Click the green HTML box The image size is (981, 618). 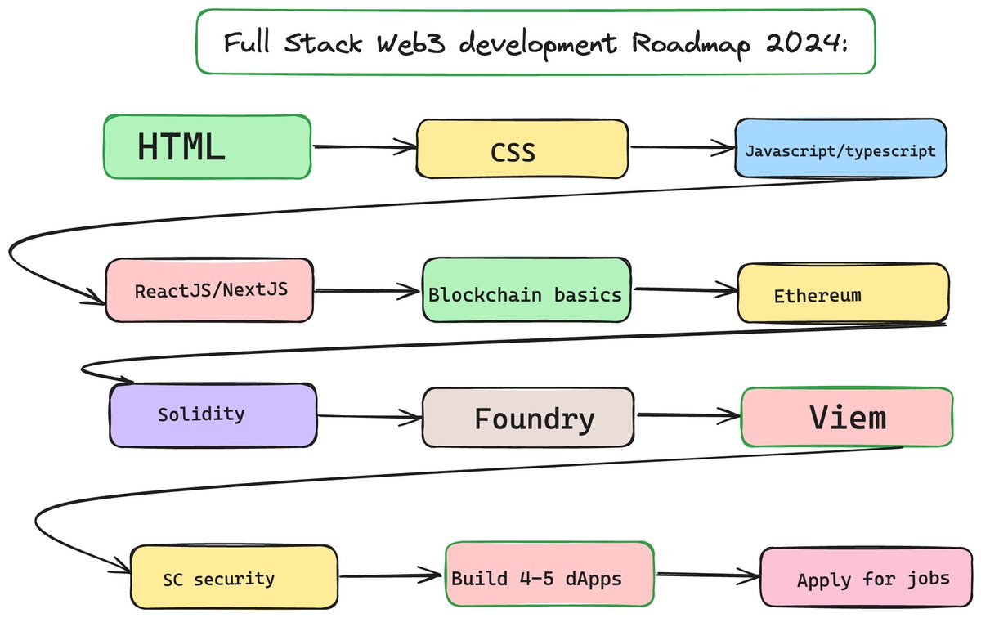tap(208, 146)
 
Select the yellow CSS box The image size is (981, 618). tap(522, 149)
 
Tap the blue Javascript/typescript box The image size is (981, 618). tap(841, 148)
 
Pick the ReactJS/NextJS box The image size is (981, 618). tap(210, 290)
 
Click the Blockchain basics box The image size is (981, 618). tap(526, 290)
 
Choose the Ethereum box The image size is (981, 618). tap(844, 293)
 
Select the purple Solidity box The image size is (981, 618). tap(213, 415)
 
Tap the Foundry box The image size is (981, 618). tap(528, 418)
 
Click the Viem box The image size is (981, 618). tap(847, 417)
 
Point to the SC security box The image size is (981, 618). tap(234, 577)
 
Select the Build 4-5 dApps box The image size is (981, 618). tap(549, 574)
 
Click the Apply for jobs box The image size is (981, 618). tap(867, 577)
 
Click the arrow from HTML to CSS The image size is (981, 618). tap(365, 146)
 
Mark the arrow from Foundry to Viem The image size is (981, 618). tap(688, 414)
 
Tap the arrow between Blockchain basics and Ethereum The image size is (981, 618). tap(686, 289)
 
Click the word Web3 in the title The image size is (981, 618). tap(410, 43)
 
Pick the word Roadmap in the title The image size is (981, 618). tap(691, 45)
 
